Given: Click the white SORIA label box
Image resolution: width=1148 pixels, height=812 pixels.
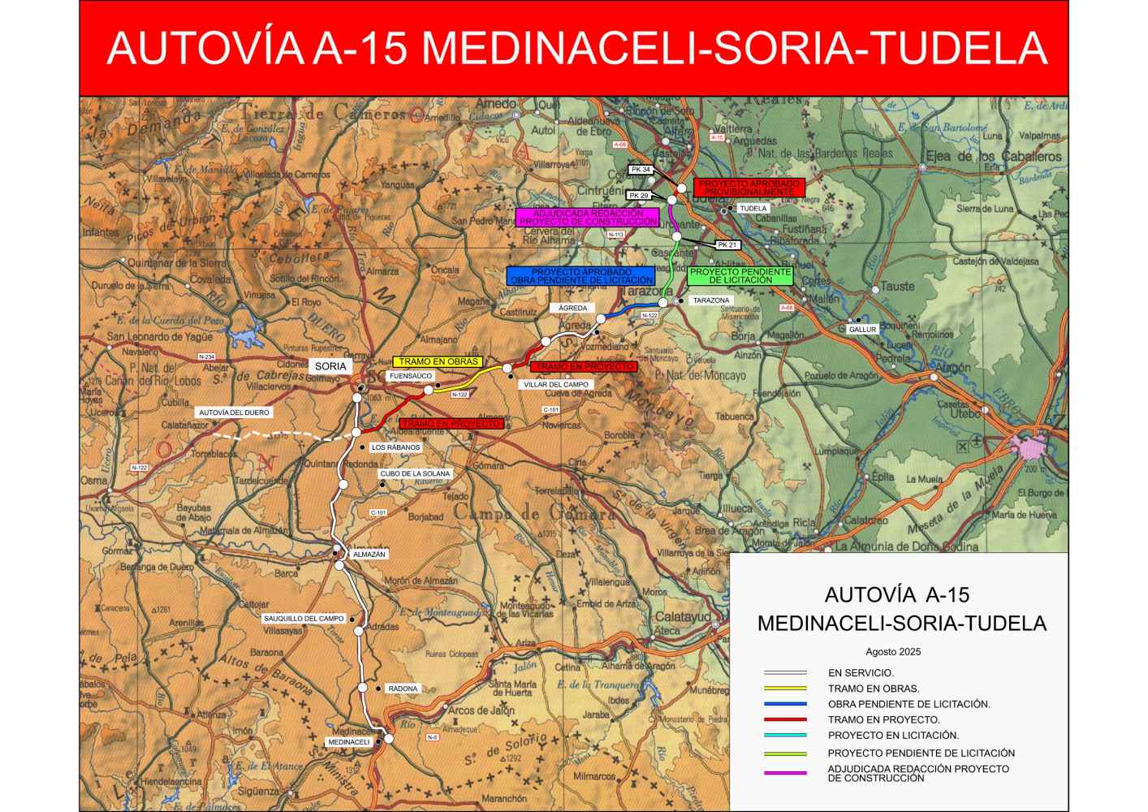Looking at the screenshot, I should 330,366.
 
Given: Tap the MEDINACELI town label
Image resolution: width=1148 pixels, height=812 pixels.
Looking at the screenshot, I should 349,742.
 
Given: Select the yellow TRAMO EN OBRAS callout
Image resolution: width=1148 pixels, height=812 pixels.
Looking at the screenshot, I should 437,361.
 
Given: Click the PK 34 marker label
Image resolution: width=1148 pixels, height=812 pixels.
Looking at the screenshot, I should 641,170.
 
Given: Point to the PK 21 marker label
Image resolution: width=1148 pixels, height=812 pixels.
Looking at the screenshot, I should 727,244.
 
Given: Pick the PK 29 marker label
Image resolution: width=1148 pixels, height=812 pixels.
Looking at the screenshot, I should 638,196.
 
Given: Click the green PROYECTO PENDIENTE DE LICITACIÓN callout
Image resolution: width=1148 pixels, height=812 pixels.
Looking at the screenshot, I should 740,275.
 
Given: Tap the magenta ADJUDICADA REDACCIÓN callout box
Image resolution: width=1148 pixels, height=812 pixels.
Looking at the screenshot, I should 587,217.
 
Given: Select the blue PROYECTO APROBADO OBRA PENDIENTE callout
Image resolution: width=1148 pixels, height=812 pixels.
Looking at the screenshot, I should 580,275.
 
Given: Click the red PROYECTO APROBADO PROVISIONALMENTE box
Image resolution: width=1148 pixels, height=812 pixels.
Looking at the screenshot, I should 749,188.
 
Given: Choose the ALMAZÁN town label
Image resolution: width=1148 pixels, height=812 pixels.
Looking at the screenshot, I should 369,555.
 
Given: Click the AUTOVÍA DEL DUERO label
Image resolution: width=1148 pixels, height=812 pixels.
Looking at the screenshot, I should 234,412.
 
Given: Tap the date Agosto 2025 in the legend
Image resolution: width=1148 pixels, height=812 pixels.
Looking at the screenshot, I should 893,651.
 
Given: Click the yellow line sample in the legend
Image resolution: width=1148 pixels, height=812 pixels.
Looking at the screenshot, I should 785,689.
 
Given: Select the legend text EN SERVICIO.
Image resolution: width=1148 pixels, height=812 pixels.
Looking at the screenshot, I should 861,673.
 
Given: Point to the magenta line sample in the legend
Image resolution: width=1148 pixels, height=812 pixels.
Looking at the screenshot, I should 785,772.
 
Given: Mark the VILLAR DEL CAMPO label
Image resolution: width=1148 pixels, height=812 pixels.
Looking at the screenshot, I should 555,385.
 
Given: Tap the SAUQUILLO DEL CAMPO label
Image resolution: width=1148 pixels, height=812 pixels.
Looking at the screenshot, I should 304,619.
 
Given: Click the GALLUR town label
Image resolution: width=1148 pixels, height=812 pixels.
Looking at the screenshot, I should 862,330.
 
